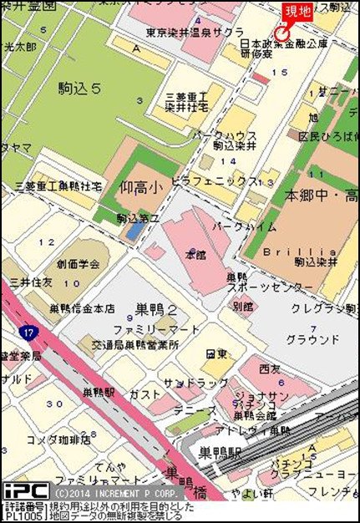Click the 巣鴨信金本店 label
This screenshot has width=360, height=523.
81,308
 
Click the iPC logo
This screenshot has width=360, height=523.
25,490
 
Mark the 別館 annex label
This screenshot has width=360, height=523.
241,307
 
